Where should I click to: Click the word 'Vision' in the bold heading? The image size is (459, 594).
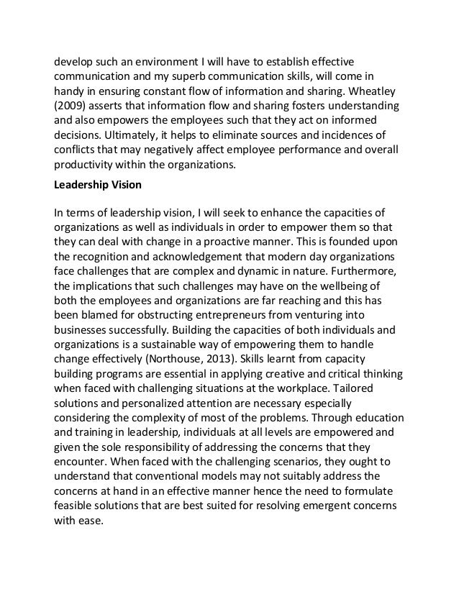click(125, 184)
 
